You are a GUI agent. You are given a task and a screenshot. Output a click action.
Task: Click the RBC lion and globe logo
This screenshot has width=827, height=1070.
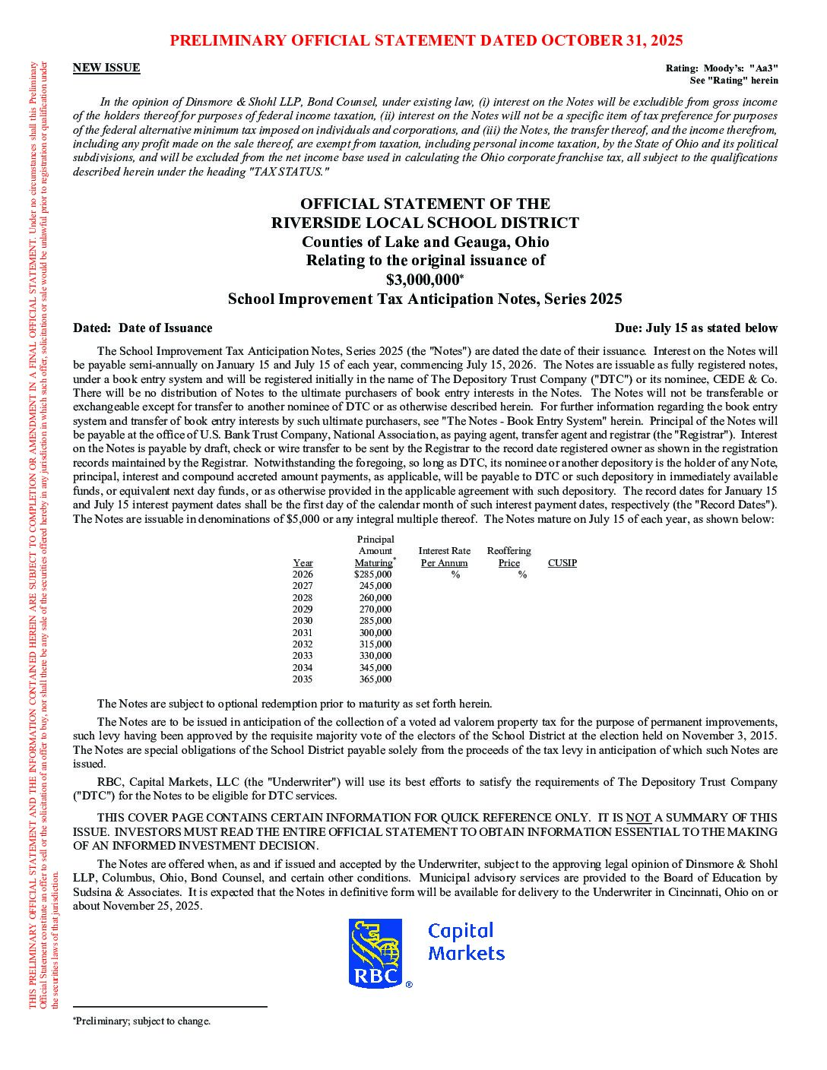click(x=375, y=953)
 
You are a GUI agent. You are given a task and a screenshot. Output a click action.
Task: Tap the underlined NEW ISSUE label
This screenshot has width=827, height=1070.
click(x=106, y=68)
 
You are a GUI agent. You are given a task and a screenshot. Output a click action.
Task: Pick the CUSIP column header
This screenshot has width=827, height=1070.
click(x=562, y=563)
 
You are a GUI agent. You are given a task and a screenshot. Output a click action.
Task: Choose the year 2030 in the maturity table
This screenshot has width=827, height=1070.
click(x=303, y=621)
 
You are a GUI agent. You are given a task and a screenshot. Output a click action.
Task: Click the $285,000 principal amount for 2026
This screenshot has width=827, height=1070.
click(x=373, y=575)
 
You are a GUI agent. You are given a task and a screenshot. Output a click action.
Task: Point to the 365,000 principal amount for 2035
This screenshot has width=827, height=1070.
click(x=375, y=679)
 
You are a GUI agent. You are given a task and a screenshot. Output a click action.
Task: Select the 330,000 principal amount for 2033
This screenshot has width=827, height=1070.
click(x=375, y=656)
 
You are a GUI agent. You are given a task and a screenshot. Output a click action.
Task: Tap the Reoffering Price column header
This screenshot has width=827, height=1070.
click(x=509, y=557)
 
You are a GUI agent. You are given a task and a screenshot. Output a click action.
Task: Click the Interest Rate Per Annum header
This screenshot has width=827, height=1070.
click(x=444, y=557)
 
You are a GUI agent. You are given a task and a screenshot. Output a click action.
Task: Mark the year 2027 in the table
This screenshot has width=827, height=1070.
click(x=303, y=586)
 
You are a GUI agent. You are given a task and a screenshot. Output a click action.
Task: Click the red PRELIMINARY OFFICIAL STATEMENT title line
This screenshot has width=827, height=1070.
click(x=426, y=40)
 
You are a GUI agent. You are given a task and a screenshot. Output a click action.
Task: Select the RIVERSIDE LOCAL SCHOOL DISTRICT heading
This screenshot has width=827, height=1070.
click(x=425, y=223)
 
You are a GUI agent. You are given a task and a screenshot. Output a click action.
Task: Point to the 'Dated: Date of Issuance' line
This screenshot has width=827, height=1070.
click(x=143, y=328)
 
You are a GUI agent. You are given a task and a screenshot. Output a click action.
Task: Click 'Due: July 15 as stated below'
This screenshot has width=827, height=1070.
click(x=696, y=328)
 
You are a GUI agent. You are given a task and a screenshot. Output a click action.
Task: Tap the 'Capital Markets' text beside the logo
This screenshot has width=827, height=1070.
click(x=466, y=942)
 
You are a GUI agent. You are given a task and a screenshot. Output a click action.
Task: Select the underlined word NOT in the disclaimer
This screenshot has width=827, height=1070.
click(x=638, y=818)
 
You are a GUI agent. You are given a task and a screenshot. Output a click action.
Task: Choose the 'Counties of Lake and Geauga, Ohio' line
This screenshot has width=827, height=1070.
click(x=425, y=242)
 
